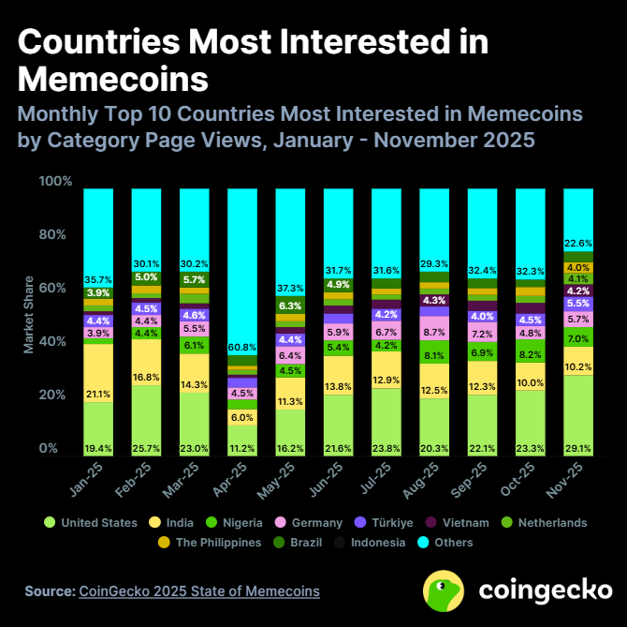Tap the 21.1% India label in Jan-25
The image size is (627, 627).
coord(98,394)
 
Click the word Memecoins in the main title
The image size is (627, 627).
coord(113,78)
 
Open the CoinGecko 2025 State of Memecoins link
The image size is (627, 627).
coord(199,591)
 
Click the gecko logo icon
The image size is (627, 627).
coord(445,590)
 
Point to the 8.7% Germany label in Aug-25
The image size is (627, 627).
coord(434,333)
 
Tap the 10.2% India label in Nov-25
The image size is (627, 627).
coord(577,366)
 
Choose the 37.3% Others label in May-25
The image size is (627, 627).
coord(290,288)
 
